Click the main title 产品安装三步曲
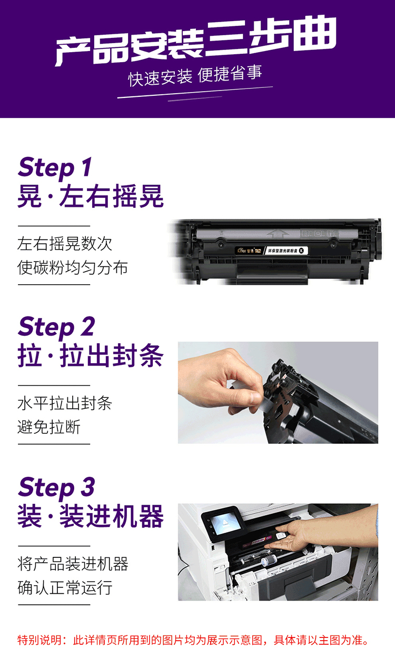[x=196, y=41]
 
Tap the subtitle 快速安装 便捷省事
[x=195, y=76]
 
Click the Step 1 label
[x=55, y=167]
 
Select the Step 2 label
[x=56, y=327]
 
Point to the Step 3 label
[x=56, y=487]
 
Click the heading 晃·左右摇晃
[x=91, y=196]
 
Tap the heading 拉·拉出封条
[x=91, y=356]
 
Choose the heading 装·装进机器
[x=91, y=516]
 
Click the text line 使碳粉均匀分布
[x=72, y=267]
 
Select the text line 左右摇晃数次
[x=65, y=244]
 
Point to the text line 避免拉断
[x=49, y=427]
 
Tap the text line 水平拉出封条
[x=65, y=403]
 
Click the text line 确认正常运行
[x=65, y=587]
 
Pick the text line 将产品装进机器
[x=73, y=564]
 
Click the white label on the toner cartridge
[x=286, y=251]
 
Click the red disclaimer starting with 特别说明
[x=193, y=641]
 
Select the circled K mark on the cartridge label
[x=301, y=251]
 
